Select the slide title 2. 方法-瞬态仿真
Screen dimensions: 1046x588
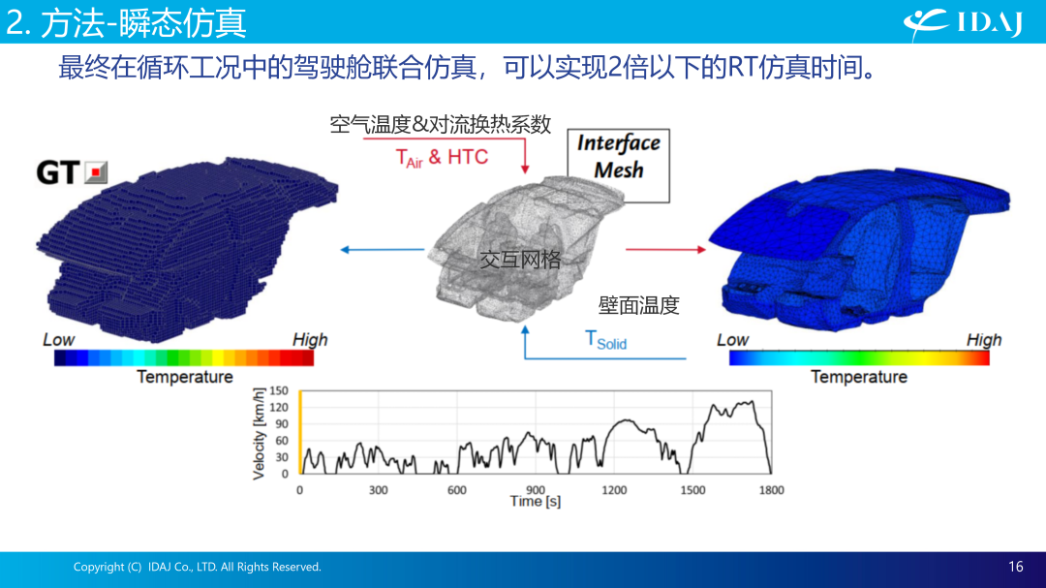pyautogui.click(x=126, y=22)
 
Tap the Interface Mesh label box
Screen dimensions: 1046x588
pyautogui.click(x=618, y=166)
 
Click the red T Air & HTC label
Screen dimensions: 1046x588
pyautogui.click(x=442, y=158)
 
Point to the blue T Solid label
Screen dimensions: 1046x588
pyautogui.click(x=605, y=340)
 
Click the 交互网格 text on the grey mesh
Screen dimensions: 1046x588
pyautogui.click(x=520, y=259)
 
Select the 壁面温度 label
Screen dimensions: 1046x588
pyautogui.click(x=638, y=305)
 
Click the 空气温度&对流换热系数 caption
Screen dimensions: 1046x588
pyautogui.click(x=441, y=124)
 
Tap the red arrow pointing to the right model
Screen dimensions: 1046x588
pyautogui.click(x=665, y=250)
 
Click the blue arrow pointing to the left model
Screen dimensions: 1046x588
pyautogui.click(x=383, y=250)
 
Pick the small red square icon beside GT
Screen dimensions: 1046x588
pyautogui.click(x=96, y=172)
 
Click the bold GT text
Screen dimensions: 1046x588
pyautogui.click(x=58, y=172)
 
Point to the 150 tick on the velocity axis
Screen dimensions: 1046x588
pyautogui.click(x=279, y=390)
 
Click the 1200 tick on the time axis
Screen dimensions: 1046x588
pyautogui.click(x=614, y=490)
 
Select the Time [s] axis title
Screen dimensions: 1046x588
pyautogui.click(x=535, y=501)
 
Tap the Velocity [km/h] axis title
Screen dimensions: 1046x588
pyautogui.click(x=259, y=434)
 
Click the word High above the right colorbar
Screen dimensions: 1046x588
pyautogui.click(x=984, y=340)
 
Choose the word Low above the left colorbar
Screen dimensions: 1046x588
pyautogui.click(x=59, y=340)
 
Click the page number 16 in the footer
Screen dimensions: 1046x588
pyautogui.click(x=1015, y=567)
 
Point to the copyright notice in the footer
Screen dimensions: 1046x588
pyautogui.click(x=197, y=567)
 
